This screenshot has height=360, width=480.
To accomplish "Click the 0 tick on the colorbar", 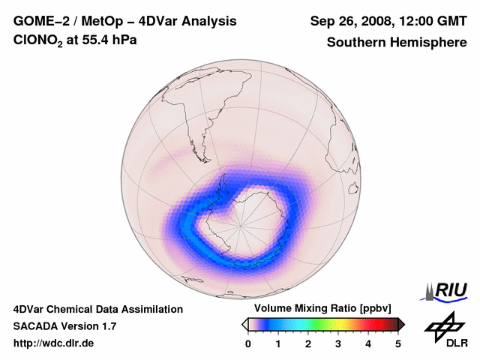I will click(248, 343).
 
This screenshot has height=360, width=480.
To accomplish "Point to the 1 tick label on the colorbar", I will click(278, 343).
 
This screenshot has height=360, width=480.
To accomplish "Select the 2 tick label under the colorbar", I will click(308, 343).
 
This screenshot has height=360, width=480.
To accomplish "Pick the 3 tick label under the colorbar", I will click(338, 343).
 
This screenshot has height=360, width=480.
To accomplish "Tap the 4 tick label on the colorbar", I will click(368, 343).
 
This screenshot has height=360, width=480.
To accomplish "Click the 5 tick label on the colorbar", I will click(398, 343).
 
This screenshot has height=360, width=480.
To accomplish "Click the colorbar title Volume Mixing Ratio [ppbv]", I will click(322, 309).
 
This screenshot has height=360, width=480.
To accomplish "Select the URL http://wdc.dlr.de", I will click(54, 343).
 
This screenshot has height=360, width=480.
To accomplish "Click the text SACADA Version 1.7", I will click(64, 326).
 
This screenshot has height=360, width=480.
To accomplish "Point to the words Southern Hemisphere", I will click(396, 43).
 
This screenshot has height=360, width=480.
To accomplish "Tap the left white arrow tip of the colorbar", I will click(244, 324).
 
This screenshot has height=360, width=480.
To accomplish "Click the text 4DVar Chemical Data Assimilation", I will click(97, 309).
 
